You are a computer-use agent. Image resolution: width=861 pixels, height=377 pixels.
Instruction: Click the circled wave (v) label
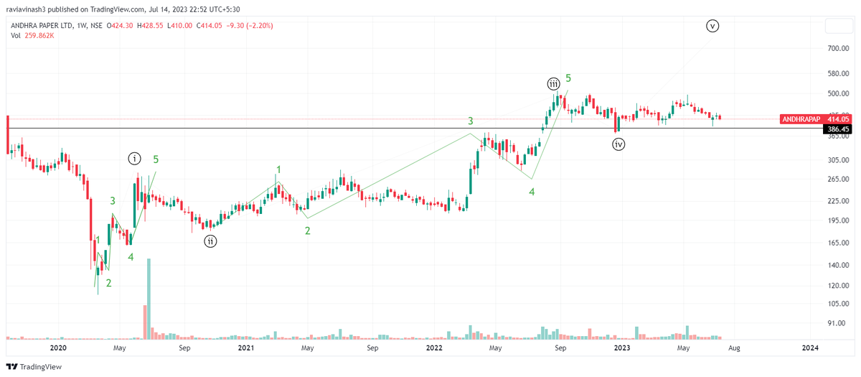(x=712, y=26)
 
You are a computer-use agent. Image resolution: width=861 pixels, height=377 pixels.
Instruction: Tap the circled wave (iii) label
(x=554, y=83)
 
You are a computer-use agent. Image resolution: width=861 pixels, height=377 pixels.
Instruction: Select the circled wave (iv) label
(x=619, y=144)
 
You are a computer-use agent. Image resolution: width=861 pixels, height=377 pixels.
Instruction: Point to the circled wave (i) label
(x=135, y=158)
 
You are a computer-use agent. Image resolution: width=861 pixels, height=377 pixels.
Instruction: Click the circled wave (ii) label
(x=210, y=241)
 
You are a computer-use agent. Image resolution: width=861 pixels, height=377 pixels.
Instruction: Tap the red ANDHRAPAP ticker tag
(x=800, y=119)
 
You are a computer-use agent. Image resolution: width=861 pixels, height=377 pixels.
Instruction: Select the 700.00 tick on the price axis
(x=837, y=48)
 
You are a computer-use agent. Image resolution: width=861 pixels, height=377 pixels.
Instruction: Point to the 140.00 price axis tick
(x=837, y=266)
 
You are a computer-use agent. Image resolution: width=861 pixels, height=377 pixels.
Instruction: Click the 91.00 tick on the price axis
(x=837, y=323)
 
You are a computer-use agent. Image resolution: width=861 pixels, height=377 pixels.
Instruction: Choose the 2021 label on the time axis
(x=245, y=348)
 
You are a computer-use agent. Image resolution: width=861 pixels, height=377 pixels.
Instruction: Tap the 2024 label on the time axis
(x=809, y=348)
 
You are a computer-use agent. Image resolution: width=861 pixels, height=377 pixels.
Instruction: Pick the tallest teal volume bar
(x=149, y=299)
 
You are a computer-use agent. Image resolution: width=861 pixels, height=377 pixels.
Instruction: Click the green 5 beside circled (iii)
(x=568, y=78)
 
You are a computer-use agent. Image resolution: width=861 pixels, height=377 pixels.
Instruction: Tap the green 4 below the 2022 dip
(x=532, y=192)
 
